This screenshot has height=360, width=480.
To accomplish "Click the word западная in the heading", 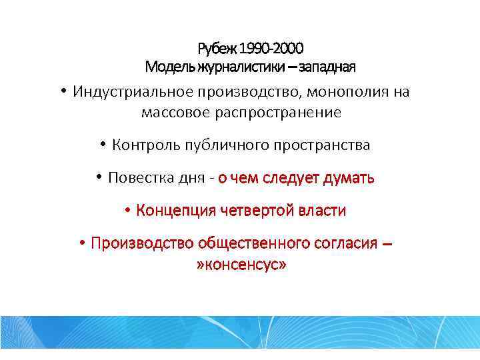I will click(x=327, y=67).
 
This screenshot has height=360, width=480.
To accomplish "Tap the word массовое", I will click(x=175, y=113).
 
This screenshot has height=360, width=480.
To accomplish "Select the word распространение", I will click(x=278, y=113).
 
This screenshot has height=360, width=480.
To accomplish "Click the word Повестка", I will click(x=137, y=178).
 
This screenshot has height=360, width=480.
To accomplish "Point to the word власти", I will click(x=325, y=211).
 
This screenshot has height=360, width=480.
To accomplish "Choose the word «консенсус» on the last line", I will click(x=242, y=265).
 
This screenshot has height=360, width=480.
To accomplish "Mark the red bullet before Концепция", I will click(x=127, y=210).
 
